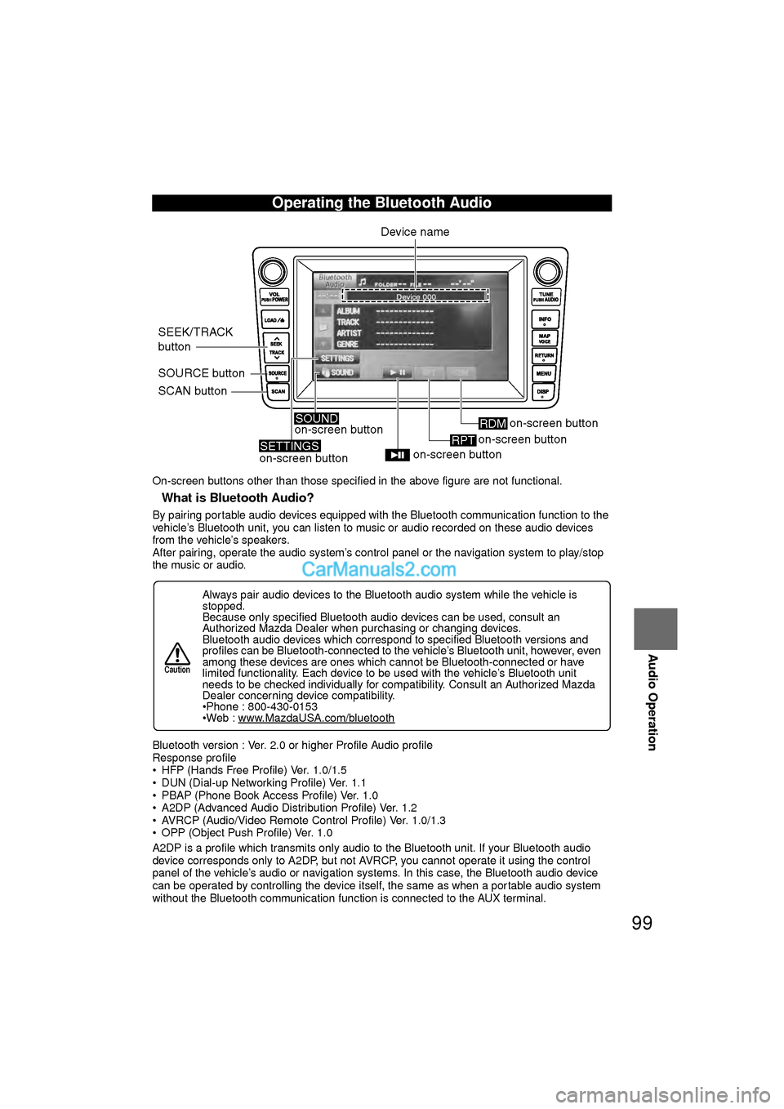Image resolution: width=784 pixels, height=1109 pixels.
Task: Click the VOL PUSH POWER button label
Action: tap(275, 297)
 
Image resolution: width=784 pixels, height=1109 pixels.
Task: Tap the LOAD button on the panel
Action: tap(275, 320)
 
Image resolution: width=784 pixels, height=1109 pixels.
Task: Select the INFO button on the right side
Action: tap(545, 320)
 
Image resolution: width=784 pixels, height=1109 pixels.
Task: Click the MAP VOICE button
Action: tap(545, 338)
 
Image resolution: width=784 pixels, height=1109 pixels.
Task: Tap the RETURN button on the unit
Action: tap(544, 356)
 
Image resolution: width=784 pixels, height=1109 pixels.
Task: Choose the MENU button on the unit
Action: tap(544, 374)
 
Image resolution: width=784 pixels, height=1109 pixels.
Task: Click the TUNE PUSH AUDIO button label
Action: tap(546, 297)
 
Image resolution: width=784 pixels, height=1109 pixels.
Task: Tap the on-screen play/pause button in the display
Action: tap(398, 372)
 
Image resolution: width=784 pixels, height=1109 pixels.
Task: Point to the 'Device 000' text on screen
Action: tap(416, 297)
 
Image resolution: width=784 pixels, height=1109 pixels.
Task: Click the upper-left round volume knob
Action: tap(273, 272)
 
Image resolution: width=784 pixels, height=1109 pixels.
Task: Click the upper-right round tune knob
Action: tap(547, 272)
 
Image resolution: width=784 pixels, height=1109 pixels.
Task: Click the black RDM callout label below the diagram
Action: tap(492, 423)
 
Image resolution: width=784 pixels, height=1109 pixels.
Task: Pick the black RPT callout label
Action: tap(463, 440)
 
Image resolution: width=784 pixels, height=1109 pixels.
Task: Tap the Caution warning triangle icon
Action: tap(177, 654)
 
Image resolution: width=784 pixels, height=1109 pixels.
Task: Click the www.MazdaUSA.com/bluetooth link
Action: tap(316, 719)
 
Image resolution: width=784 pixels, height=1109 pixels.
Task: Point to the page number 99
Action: tap(642, 923)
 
